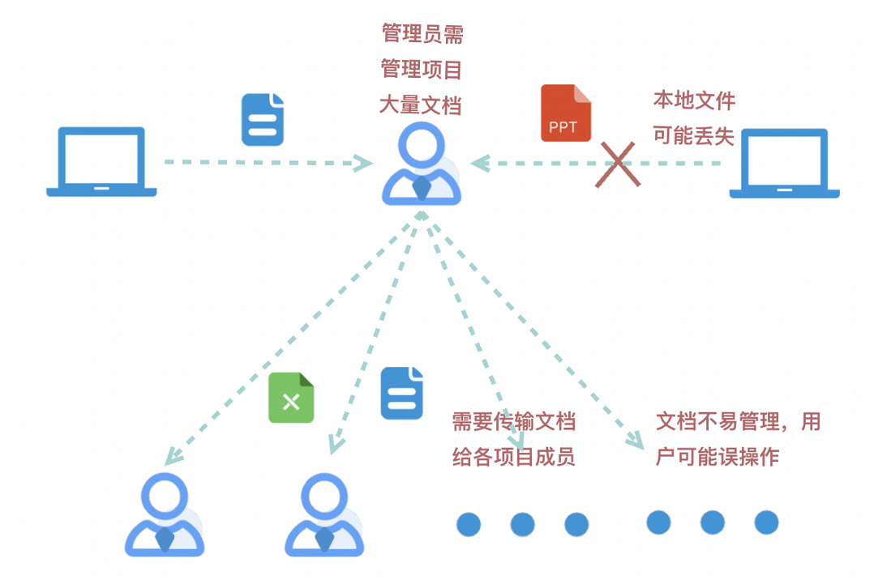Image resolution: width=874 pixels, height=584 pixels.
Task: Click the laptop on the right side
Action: click(784, 163)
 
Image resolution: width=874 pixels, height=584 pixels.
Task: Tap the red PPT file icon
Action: click(565, 113)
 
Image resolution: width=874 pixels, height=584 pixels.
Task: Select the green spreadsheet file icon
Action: click(291, 398)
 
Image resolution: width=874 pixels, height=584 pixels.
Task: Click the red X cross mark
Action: click(618, 164)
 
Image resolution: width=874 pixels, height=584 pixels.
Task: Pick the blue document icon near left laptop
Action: click(263, 120)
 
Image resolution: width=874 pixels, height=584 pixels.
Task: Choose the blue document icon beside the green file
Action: click(402, 393)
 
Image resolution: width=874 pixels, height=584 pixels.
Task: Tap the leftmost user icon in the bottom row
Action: click(165, 515)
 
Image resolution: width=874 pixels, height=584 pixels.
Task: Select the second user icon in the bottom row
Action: click(324, 515)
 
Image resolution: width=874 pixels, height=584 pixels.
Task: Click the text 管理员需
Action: click(422, 34)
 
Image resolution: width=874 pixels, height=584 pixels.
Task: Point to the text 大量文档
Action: click(420, 105)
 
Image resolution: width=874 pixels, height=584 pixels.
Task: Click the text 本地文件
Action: click(694, 100)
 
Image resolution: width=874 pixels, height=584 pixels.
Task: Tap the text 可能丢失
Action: click(693, 136)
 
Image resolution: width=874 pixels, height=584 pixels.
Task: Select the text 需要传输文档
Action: click(513, 421)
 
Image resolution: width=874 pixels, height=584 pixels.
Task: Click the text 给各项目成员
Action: click(513, 457)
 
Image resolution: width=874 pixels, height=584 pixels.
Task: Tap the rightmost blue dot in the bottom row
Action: click(766, 522)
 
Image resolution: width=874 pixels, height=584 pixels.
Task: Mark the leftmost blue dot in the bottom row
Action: click(469, 524)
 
